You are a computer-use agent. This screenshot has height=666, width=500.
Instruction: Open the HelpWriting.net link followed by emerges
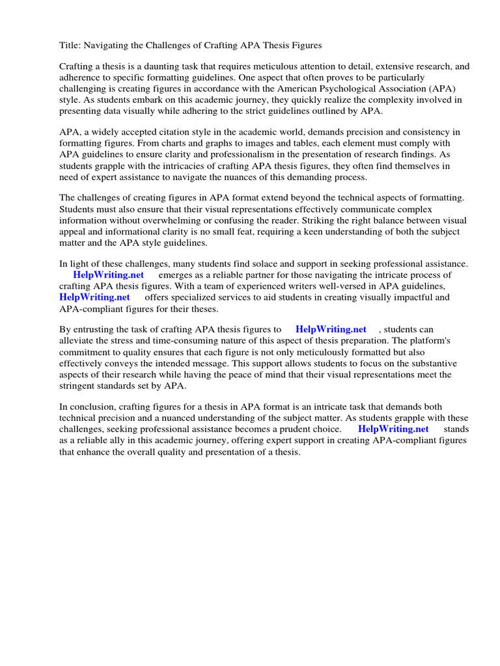point(108,275)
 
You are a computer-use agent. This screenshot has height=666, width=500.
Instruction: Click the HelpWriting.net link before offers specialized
point(94,297)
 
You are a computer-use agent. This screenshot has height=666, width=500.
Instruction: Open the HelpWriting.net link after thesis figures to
point(331,330)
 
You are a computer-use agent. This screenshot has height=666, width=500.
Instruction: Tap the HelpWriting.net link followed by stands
point(393,429)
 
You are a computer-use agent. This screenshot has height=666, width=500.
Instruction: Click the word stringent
point(81,385)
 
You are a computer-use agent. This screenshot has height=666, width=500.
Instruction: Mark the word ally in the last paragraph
point(121,440)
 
